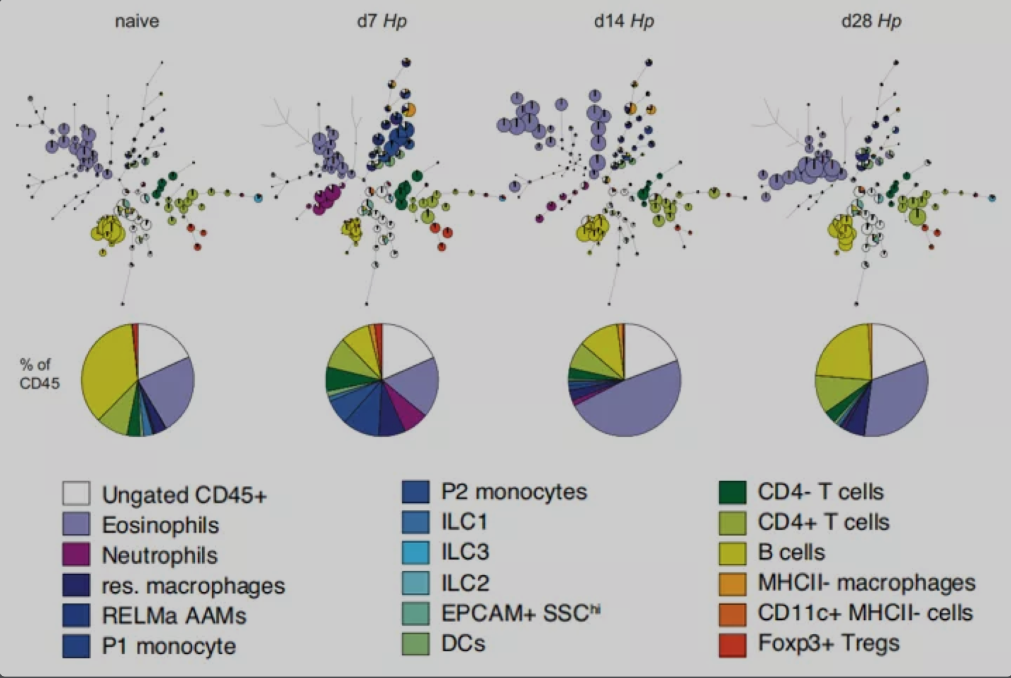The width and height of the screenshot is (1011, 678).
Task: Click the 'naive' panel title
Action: (x=137, y=21)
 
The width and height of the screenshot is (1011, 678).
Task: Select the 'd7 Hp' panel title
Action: (x=381, y=21)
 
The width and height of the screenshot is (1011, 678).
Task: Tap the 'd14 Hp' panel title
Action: (x=624, y=21)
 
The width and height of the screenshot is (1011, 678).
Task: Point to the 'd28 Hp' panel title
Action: (x=871, y=21)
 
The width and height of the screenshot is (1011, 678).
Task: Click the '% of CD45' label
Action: (x=39, y=374)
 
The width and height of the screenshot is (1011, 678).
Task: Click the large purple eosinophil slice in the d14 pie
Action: (x=631, y=404)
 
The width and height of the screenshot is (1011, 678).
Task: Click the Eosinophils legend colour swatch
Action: (x=76, y=525)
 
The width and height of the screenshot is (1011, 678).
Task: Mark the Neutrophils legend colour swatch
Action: (x=76, y=555)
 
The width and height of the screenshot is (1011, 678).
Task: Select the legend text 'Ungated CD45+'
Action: (x=184, y=495)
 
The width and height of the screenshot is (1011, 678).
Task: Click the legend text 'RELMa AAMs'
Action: (x=174, y=616)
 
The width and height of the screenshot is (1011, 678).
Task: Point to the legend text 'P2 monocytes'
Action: (x=514, y=491)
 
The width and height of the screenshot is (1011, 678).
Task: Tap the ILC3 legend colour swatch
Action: (x=415, y=552)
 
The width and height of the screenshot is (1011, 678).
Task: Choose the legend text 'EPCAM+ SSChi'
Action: (x=520, y=613)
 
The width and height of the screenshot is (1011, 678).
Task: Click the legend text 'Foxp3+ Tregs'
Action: (x=828, y=643)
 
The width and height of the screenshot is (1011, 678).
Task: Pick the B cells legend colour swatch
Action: (x=732, y=552)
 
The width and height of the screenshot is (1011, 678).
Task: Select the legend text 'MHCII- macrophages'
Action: (x=866, y=583)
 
